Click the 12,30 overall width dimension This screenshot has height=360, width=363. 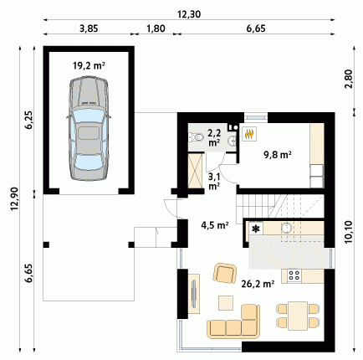(x=189, y=14)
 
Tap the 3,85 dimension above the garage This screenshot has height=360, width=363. (x=89, y=28)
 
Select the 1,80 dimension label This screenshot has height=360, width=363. (x=156, y=28)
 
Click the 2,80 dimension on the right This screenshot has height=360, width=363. (x=349, y=79)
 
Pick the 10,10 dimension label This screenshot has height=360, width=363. (x=349, y=232)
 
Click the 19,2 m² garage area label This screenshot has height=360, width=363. (x=89, y=66)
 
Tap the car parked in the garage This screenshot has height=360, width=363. (x=89, y=128)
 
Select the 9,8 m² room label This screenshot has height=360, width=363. (x=278, y=154)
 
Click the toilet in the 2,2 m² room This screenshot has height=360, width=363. (x=196, y=137)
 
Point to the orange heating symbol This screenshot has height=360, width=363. (x=249, y=134)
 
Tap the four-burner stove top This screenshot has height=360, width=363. (x=294, y=275)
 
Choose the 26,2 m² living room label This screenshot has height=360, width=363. (x=258, y=284)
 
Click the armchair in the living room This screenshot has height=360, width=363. (x=225, y=273)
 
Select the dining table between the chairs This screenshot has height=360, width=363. (x=298, y=316)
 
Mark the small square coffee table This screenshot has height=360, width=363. (x=226, y=303)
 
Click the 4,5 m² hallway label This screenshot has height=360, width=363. (x=215, y=225)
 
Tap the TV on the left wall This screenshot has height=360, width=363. (x=194, y=294)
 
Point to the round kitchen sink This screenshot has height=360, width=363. (x=286, y=228)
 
